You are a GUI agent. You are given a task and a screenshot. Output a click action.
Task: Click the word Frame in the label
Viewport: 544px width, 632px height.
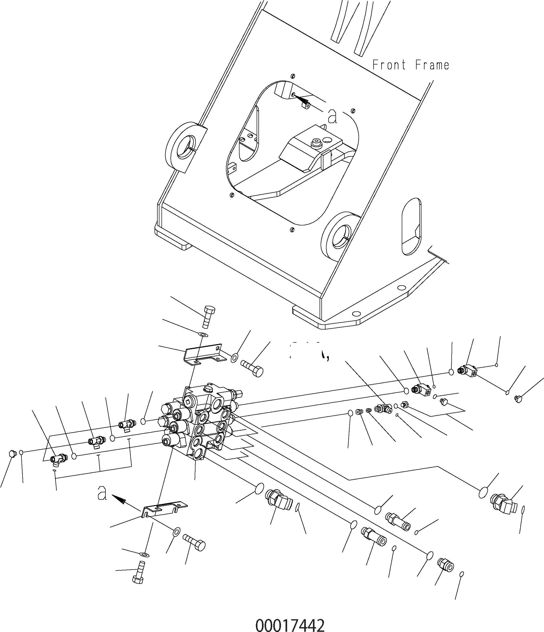(432, 65)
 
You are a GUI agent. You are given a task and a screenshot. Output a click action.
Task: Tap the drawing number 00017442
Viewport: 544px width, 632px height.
(290, 624)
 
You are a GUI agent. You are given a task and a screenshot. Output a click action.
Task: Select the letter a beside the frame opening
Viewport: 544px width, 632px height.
(333, 116)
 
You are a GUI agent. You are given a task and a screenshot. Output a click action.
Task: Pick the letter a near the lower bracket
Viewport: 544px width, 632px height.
(102, 494)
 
